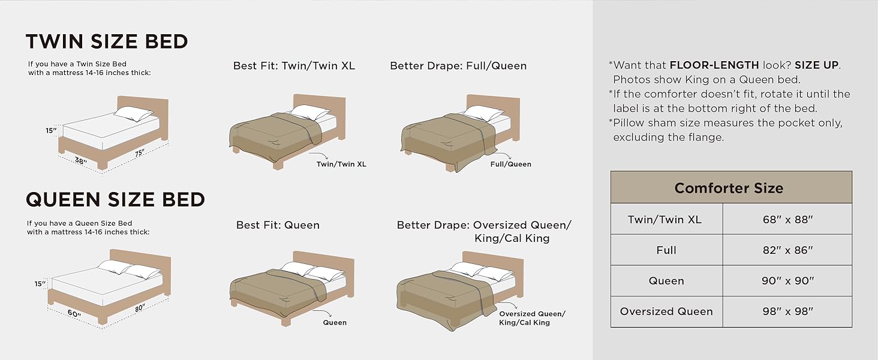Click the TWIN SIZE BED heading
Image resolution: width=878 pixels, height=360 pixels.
[x=107, y=41]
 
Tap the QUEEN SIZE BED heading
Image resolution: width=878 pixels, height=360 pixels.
[x=115, y=199]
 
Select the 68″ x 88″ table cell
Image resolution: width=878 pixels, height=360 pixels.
[x=787, y=219]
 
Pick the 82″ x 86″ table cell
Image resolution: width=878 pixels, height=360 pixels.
[x=787, y=250]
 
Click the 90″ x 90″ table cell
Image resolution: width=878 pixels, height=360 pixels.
[x=787, y=281]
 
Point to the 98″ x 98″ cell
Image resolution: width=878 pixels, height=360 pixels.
[x=787, y=311]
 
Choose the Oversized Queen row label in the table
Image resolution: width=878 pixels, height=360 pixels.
[x=666, y=311]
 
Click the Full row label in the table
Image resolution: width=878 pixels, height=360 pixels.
[x=666, y=250]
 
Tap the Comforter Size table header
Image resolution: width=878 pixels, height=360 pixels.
[x=729, y=188]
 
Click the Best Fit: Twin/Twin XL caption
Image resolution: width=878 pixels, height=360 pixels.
[x=294, y=65]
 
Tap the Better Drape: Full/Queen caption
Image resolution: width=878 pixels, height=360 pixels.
[x=458, y=65]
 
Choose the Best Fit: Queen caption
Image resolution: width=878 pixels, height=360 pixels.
[x=278, y=225]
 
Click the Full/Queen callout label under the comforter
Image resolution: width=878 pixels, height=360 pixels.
[x=510, y=164]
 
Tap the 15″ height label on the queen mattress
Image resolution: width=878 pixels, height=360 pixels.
[x=39, y=284]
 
